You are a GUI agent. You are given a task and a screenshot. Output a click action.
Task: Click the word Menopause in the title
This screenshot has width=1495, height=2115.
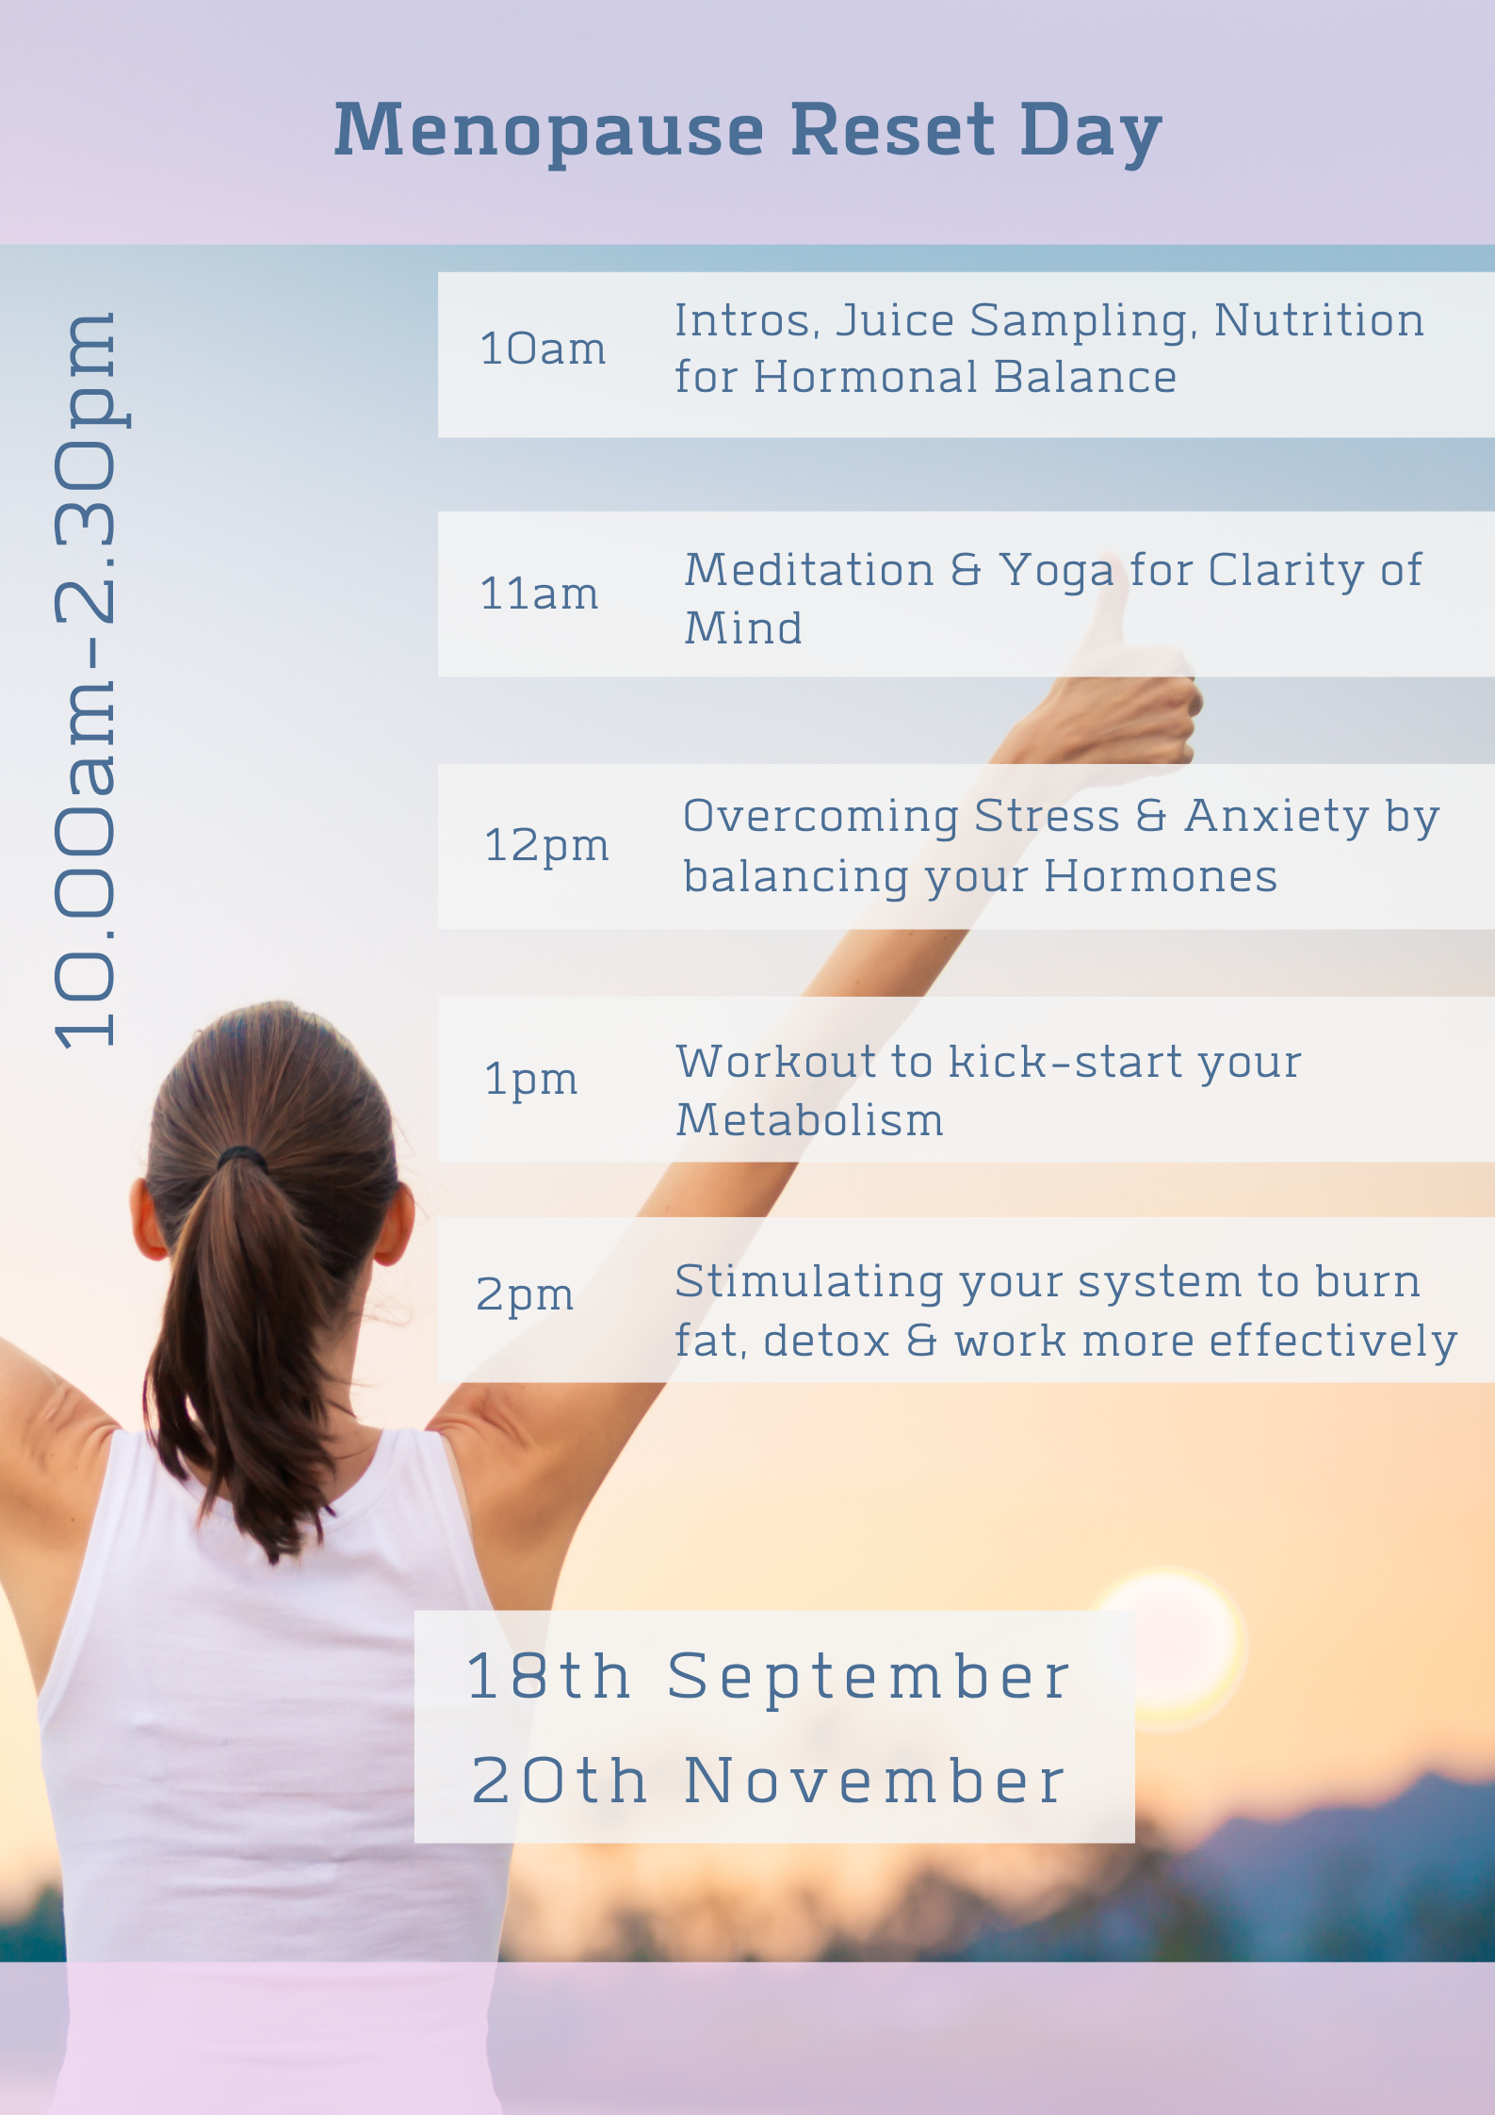[549, 133]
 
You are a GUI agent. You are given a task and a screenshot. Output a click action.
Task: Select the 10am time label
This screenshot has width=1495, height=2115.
[543, 349]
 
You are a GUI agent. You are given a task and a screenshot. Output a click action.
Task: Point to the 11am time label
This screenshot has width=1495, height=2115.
[539, 594]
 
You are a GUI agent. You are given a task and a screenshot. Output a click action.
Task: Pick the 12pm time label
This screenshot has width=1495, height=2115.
[546, 846]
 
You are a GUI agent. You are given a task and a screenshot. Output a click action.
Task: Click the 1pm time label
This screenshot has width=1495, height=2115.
[530, 1079]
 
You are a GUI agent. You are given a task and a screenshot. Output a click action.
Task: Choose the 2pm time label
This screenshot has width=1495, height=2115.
[525, 1294]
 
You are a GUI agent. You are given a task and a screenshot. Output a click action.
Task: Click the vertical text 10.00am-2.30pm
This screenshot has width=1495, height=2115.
[87, 679]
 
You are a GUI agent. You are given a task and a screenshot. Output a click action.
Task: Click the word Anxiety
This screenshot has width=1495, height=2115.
[1276, 818]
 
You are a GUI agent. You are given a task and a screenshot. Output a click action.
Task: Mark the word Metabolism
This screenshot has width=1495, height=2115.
[809, 1120]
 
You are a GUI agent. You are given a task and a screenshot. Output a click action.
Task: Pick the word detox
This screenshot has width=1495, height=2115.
[826, 1341]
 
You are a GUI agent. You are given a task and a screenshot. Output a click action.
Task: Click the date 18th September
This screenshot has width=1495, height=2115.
[769, 1678]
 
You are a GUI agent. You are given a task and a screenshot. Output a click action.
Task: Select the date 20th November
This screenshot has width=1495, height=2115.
[769, 1781]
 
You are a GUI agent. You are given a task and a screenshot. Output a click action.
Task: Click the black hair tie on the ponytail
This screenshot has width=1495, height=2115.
[242, 1157]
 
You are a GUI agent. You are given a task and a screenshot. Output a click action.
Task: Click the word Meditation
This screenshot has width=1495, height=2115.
[809, 570]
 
